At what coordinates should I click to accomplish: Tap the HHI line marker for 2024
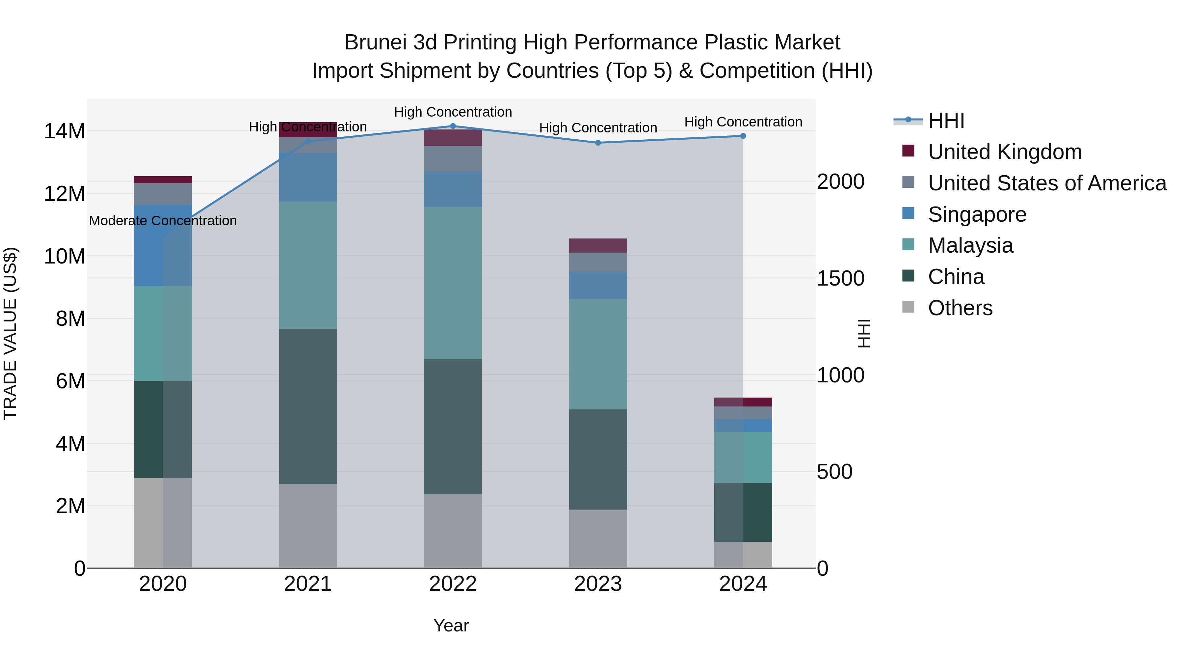click(743, 136)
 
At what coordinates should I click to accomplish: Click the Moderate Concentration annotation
click(163, 221)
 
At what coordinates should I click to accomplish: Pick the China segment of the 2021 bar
click(308, 406)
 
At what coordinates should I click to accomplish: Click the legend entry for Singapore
click(977, 214)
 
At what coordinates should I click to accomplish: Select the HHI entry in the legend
click(946, 121)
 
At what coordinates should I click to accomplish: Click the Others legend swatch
click(908, 307)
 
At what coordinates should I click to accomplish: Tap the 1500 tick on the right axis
click(840, 278)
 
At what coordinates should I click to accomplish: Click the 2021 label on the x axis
click(308, 584)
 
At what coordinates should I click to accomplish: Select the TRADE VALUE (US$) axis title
click(10, 333)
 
